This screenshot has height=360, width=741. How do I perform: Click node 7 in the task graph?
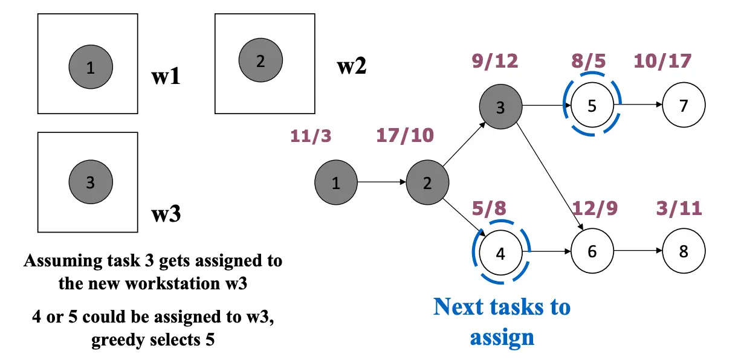[x=684, y=105]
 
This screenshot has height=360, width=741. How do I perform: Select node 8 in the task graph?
[x=684, y=251]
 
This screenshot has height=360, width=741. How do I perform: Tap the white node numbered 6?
[x=592, y=251]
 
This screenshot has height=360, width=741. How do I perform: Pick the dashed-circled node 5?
[x=592, y=105]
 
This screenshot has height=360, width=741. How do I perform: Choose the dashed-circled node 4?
[x=500, y=253]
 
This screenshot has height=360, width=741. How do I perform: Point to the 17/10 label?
[x=405, y=135]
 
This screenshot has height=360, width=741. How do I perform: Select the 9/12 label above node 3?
[x=494, y=61]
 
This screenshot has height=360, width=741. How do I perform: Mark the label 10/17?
[x=662, y=61]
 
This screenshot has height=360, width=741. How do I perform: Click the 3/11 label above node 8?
[x=679, y=209]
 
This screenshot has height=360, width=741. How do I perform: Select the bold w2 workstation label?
[x=351, y=66]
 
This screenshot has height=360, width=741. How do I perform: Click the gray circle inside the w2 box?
[x=260, y=61]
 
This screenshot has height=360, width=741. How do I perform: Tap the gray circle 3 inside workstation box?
[x=90, y=182]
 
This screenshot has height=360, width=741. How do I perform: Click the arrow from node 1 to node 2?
[x=381, y=182]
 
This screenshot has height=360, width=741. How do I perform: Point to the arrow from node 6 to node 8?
[x=638, y=251]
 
